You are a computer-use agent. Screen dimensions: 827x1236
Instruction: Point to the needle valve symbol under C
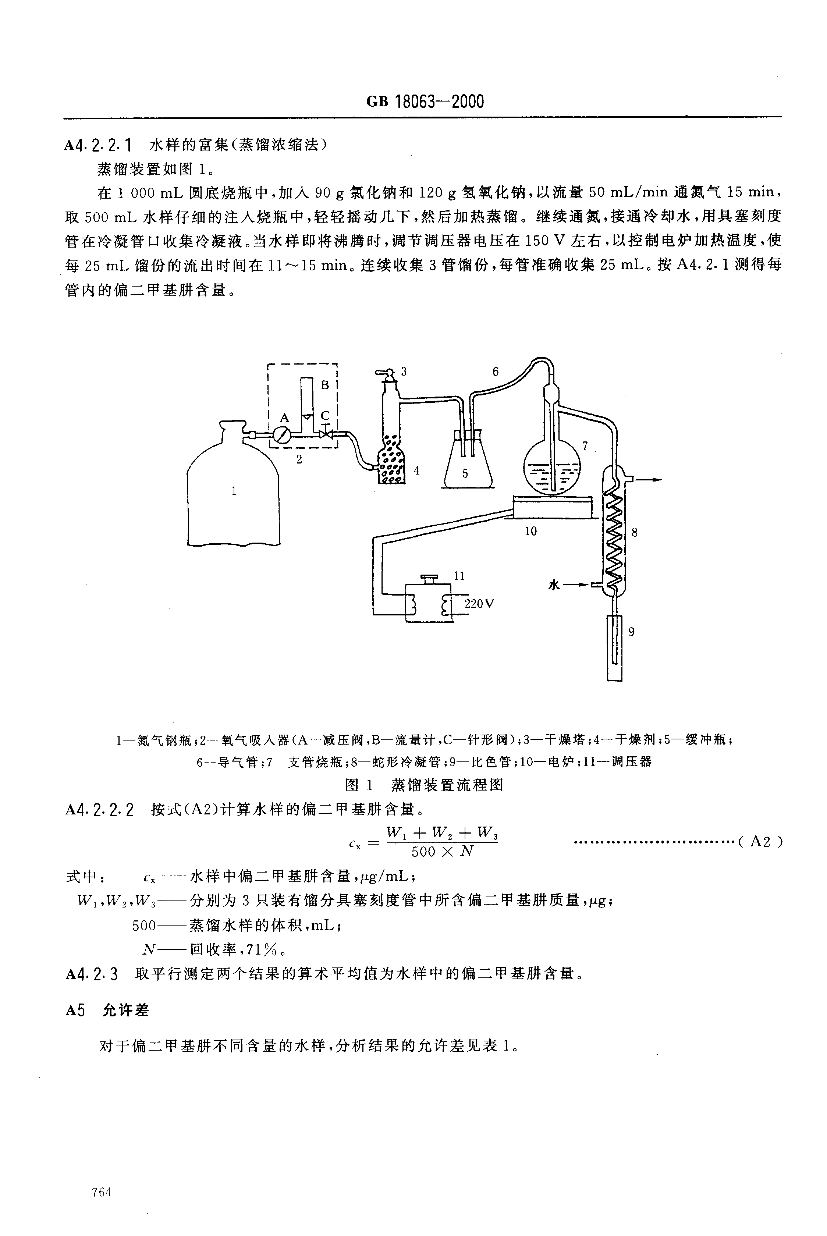[x=326, y=434]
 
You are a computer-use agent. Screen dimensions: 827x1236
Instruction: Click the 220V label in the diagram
[x=479, y=604]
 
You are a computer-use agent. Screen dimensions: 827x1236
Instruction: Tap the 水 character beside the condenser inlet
[x=553, y=585]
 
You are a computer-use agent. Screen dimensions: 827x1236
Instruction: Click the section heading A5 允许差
[x=107, y=1010]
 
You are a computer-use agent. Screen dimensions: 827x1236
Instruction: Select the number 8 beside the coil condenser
[x=635, y=533]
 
